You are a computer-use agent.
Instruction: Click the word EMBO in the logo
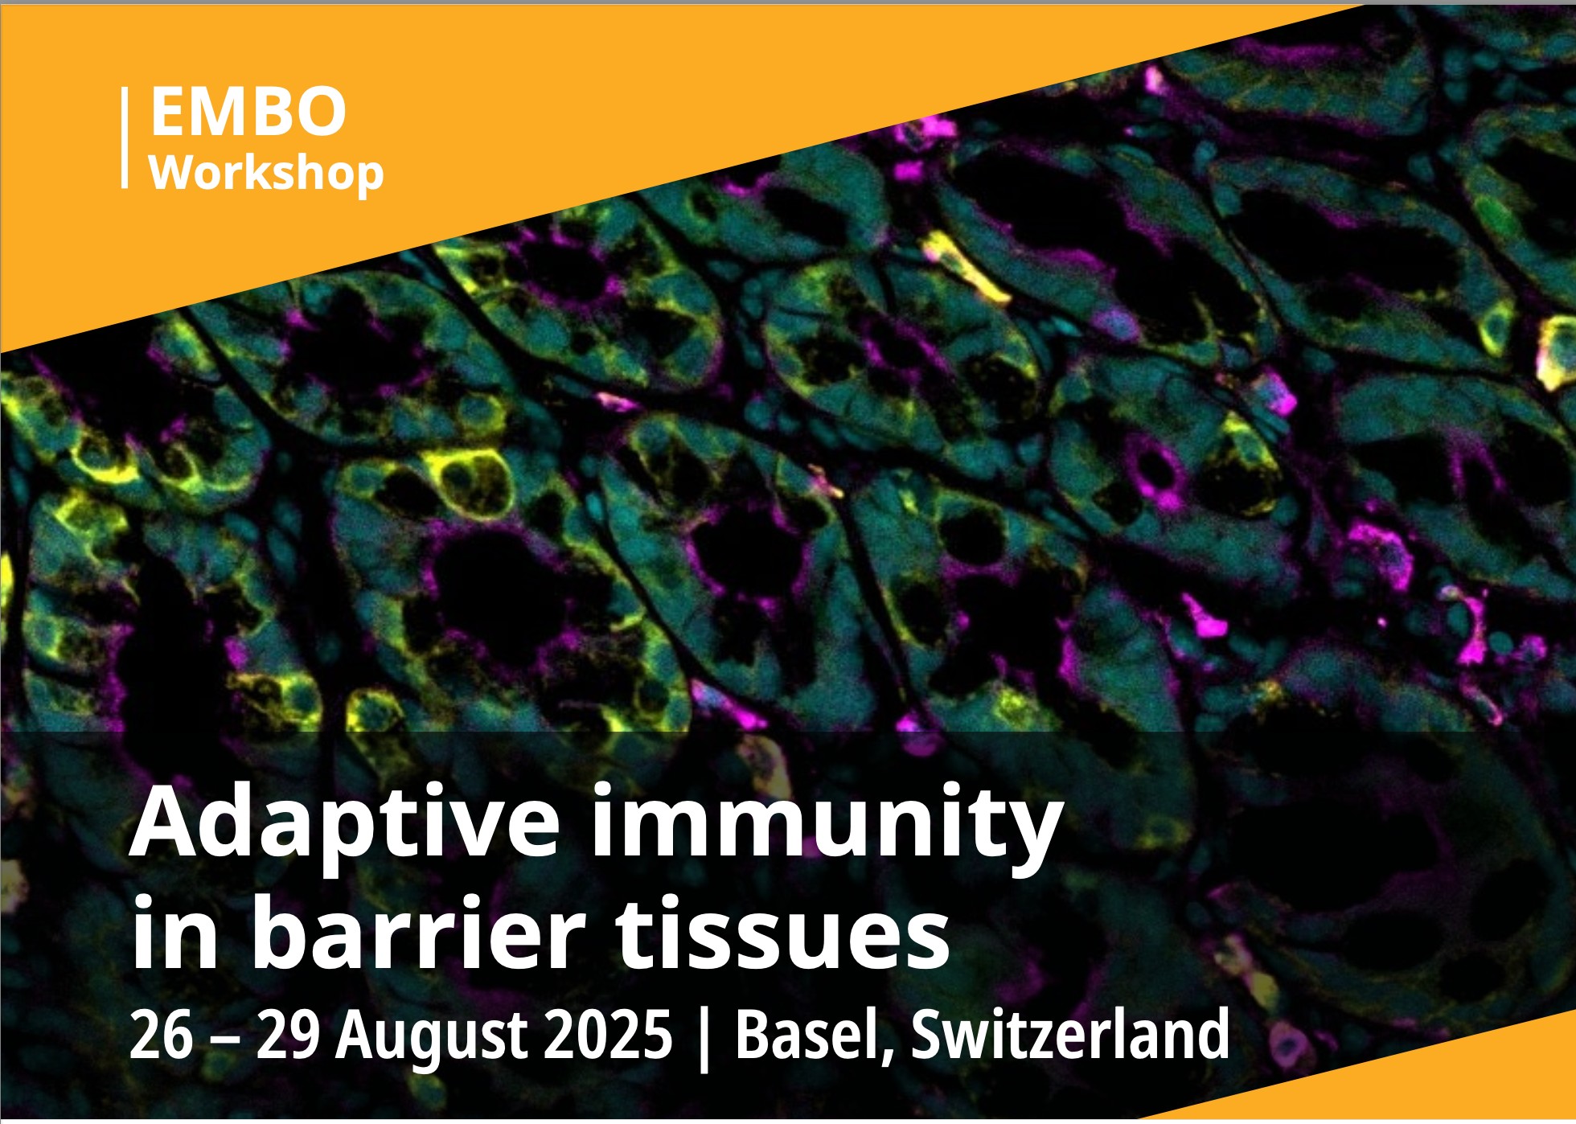pyautogui.click(x=248, y=112)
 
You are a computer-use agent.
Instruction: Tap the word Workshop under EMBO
pyautogui.click(x=267, y=173)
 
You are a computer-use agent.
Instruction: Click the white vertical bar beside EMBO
pyautogui.click(x=125, y=137)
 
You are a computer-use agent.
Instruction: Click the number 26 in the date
pyautogui.click(x=162, y=1035)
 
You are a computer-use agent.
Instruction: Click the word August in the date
pyautogui.click(x=431, y=1037)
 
